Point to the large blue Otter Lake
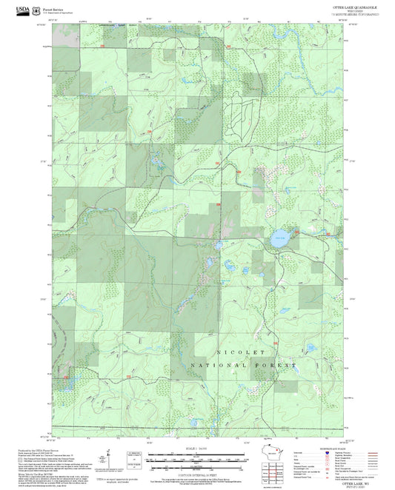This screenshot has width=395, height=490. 276,240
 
